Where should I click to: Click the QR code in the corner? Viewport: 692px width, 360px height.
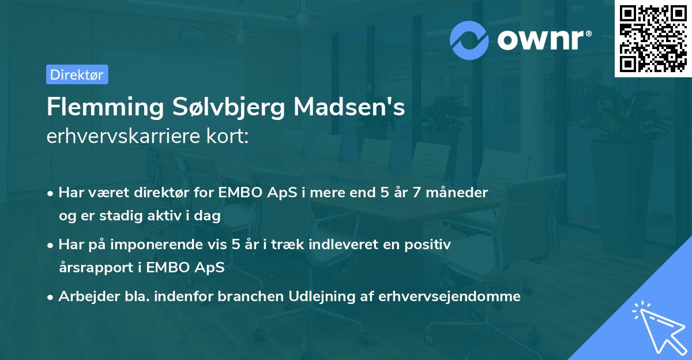(x=653, y=39)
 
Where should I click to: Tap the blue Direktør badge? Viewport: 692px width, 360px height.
(x=77, y=74)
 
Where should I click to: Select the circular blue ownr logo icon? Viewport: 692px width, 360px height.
(x=469, y=40)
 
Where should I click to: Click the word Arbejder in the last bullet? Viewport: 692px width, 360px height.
(x=84, y=297)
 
